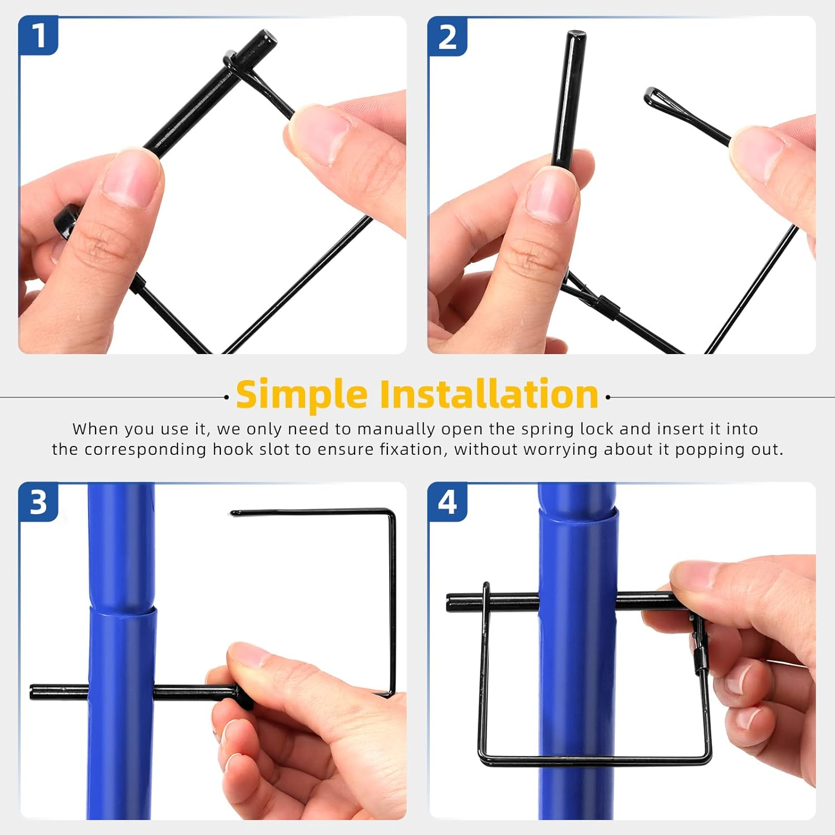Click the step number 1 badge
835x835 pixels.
coord(38,36)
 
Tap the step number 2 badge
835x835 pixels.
coord(447,37)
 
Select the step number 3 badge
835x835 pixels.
coord(38,502)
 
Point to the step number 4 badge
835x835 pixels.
coord(447,502)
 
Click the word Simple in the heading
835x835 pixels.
coord(301,395)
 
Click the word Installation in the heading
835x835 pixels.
coord(489,394)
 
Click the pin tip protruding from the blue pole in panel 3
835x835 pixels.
coord(33,692)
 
